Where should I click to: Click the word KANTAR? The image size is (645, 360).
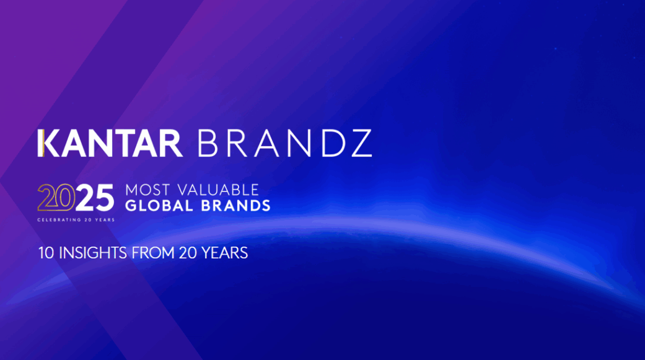coord(110,143)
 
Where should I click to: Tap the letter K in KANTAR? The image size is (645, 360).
coord(50,143)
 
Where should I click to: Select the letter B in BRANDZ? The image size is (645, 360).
coord(207,143)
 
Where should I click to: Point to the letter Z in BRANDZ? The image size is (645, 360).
coord(362,143)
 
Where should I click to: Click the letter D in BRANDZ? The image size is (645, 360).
coord(332,143)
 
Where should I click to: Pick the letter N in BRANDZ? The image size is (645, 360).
coord(299,143)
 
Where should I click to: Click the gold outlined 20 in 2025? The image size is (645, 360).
coord(56,197)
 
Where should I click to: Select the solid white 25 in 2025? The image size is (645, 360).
coord(95,197)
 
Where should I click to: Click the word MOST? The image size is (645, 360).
coord(147,190)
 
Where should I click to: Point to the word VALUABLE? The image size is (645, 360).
coord(218,190)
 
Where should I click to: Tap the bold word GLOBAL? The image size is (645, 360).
coord(159,206)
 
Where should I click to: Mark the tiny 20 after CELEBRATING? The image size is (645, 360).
coord(87,220)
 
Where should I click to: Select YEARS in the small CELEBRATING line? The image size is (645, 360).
coord(105,220)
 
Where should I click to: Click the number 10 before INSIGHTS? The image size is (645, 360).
coord(46,253)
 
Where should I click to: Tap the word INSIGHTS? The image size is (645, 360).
coord(93,253)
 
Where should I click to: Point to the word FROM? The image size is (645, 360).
coord(153,253)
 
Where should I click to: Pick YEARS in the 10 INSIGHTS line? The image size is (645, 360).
coord(224,253)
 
